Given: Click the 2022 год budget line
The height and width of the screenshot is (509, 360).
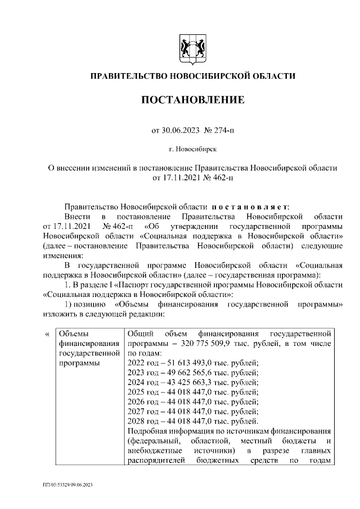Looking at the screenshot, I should coord(193,363).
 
